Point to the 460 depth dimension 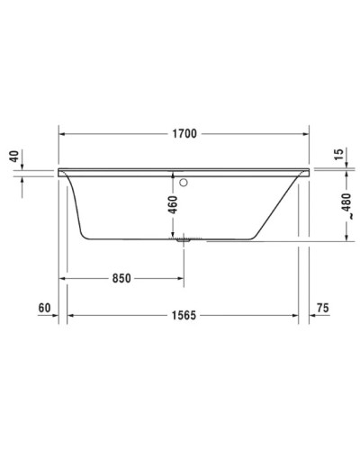click(174, 206)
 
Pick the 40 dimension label click(13, 157)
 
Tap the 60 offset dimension click(44, 309)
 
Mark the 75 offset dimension click(323, 309)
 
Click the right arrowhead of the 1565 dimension click(296, 315)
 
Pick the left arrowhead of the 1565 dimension click(73, 315)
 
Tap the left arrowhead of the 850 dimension click(64, 278)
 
